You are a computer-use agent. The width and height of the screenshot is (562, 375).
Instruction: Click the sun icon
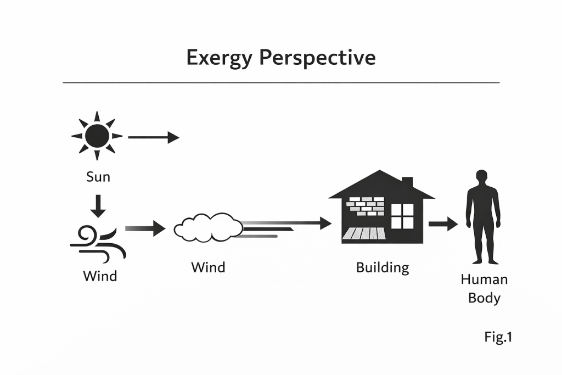(97, 135)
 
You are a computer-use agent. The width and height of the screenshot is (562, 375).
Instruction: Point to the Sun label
(98, 177)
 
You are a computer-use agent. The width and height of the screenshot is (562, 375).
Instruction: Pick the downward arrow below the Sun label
(98, 205)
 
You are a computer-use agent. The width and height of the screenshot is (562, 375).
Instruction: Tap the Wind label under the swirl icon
(100, 275)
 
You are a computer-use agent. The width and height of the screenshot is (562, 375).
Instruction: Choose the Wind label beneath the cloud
(208, 267)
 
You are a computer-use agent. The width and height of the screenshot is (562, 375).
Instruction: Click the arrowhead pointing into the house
(325, 223)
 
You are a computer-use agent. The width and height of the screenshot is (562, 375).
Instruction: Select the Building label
(383, 268)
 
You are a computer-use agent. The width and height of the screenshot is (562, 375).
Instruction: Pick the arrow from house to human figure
(443, 223)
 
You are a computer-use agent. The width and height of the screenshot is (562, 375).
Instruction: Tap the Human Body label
(484, 288)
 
